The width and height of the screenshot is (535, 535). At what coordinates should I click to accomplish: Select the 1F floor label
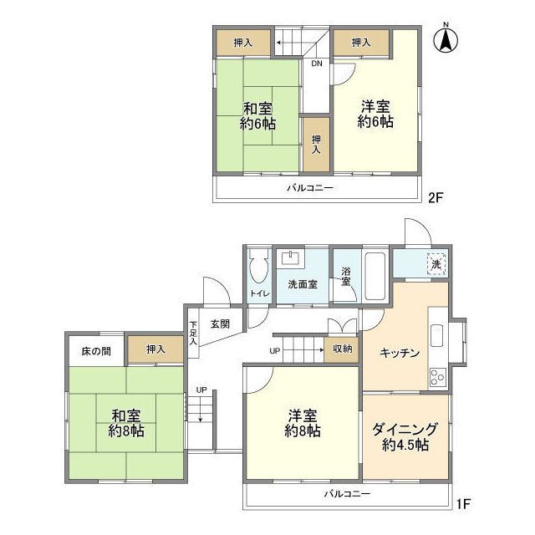point(464,504)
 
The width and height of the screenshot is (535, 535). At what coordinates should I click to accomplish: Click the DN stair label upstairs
point(317,64)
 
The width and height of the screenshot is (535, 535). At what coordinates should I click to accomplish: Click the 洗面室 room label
point(302,284)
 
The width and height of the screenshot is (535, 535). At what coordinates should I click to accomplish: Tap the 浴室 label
point(345,277)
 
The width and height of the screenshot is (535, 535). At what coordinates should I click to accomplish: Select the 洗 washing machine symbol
point(435,264)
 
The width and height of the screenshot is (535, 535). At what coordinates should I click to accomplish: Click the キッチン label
point(398,352)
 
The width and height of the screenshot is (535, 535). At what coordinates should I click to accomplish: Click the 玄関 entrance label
point(220,324)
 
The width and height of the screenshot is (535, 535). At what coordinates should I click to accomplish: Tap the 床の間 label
point(95,349)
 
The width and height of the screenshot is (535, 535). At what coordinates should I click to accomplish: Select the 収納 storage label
point(341,349)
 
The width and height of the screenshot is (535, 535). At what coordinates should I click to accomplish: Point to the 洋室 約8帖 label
point(302,423)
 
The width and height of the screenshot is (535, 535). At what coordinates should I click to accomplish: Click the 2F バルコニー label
point(311,189)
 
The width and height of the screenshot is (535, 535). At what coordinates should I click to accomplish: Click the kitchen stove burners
point(438,377)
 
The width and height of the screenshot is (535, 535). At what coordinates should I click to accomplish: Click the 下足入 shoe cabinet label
point(193,333)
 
